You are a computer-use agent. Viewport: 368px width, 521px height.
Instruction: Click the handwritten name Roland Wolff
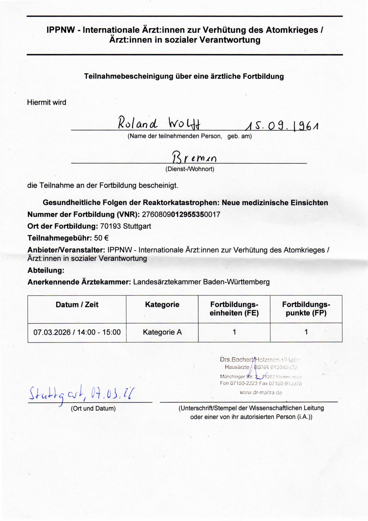(x=159, y=123)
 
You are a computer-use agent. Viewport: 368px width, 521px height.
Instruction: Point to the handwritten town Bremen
(x=194, y=157)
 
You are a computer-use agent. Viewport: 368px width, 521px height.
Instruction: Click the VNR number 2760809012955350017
(x=181, y=214)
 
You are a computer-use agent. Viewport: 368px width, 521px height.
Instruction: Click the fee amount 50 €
(x=101, y=238)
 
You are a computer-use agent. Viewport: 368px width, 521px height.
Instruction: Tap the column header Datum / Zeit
(x=77, y=305)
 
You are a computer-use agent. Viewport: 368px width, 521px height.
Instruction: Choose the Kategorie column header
(x=162, y=305)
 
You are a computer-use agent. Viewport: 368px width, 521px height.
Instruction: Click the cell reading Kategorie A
(x=162, y=332)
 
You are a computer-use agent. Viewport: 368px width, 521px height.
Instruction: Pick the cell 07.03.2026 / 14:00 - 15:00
(x=77, y=332)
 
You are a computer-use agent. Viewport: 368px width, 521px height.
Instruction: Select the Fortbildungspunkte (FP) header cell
(x=306, y=309)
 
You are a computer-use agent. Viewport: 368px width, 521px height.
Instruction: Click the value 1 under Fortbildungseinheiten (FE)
(x=234, y=332)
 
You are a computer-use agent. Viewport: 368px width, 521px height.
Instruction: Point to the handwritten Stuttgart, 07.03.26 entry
(x=82, y=394)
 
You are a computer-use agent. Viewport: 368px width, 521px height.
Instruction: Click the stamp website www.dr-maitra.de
(x=261, y=392)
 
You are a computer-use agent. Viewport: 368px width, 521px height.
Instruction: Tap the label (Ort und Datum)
(x=93, y=408)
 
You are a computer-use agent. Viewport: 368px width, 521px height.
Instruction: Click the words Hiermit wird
(x=47, y=102)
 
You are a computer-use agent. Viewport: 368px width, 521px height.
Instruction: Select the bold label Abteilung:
(x=46, y=270)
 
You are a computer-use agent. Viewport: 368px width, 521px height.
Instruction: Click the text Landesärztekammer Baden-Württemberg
(x=201, y=282)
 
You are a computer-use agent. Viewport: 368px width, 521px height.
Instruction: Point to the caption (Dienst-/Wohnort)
(x=190, y=169)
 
